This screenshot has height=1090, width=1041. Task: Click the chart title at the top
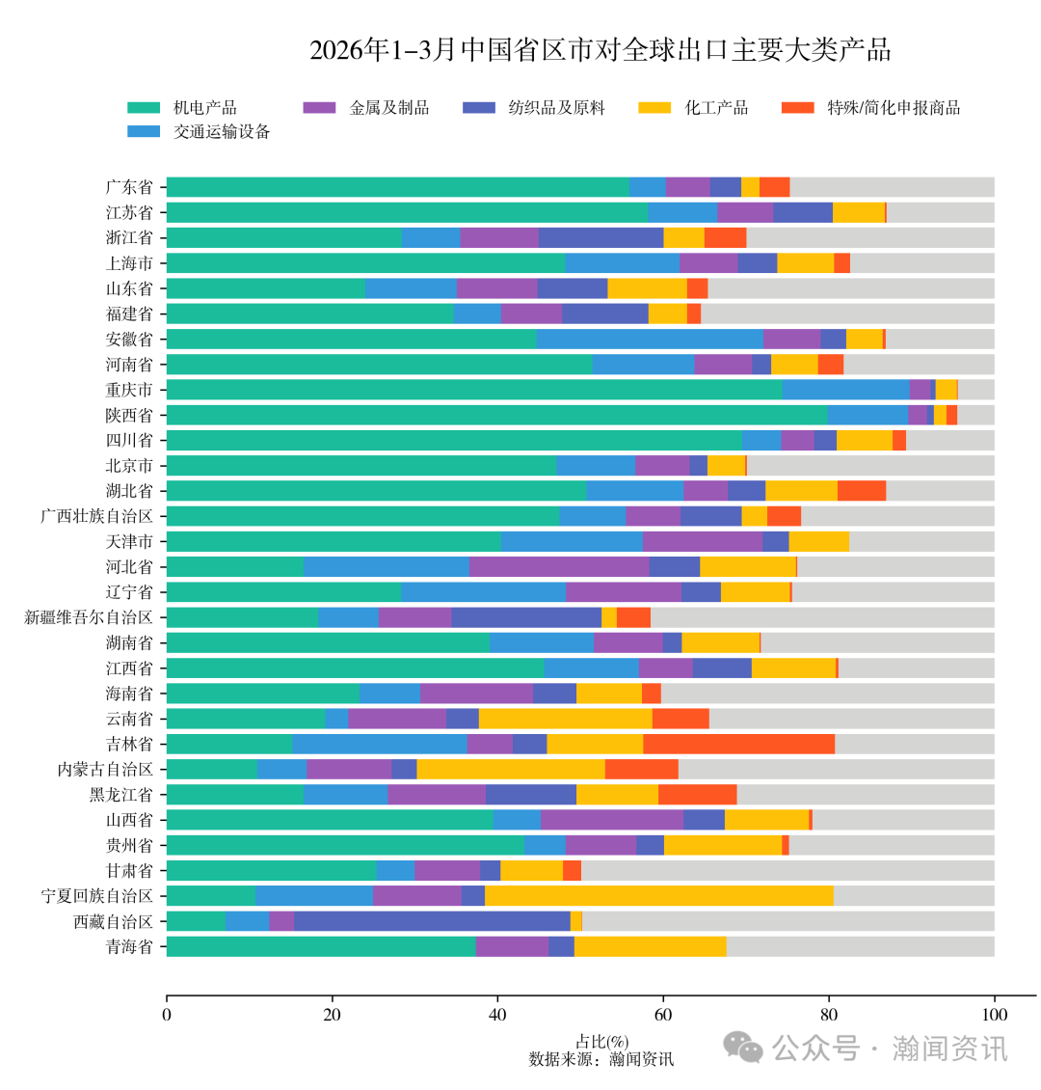click(x=600, y=51)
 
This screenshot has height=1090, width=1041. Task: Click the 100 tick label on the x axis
click(x=994, y=1015)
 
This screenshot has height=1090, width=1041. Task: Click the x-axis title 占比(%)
click(x=601, y=1042)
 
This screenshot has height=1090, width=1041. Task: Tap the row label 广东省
click(x=129, y=187)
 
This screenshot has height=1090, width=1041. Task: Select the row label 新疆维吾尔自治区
click(x=89, y=617)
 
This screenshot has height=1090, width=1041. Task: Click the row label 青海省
click(x=129, y=946)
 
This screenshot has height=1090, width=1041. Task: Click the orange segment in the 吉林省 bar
click(x=738, y=744)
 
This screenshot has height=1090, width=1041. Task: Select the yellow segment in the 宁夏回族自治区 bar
click(x=659, y=896)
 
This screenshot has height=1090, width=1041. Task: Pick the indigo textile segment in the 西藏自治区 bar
click(x=432, y=921)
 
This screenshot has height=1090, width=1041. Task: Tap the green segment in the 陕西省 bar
click(x=496, y=415)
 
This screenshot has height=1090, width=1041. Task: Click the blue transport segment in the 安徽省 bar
click(x=649, y=339)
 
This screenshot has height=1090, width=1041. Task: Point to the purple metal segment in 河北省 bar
click(x=559, y=566)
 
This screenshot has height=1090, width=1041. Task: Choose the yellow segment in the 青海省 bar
click(x=650, y=946)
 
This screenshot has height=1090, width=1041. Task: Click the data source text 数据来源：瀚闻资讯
click(x=601, y=1059)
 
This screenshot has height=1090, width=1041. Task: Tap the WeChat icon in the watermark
click(x=743, y=1048)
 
